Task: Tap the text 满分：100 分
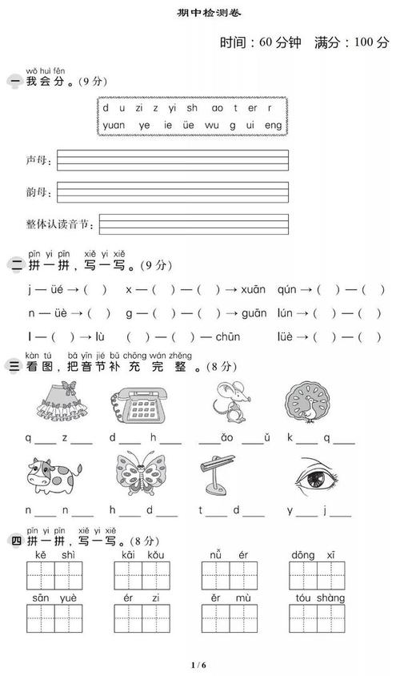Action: pos(352,43)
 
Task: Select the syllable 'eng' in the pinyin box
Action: pos(273,125)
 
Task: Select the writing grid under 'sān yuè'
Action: pos(54,618)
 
